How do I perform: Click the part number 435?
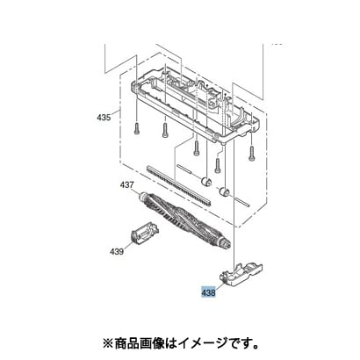[x=104, y=118]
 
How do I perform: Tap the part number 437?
[x=126, y=185]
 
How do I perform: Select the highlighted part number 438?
[x=208, y=292]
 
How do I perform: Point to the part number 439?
[x=117, y=251]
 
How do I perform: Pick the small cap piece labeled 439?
[x=144, y=233]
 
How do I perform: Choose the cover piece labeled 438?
[x=241, y=274]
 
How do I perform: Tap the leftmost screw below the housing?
[x=137, y=128]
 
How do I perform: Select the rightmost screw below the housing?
[x=252, y=154]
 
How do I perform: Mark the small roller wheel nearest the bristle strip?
[x=205, y=182]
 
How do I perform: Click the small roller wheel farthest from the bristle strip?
[x=225, y=192]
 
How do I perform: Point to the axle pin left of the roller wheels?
[x=184, y=169]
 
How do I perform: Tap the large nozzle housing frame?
[x=195, y=104]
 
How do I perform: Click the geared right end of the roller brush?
[x=225, y=242]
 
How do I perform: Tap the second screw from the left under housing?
[x=165, y=131]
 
